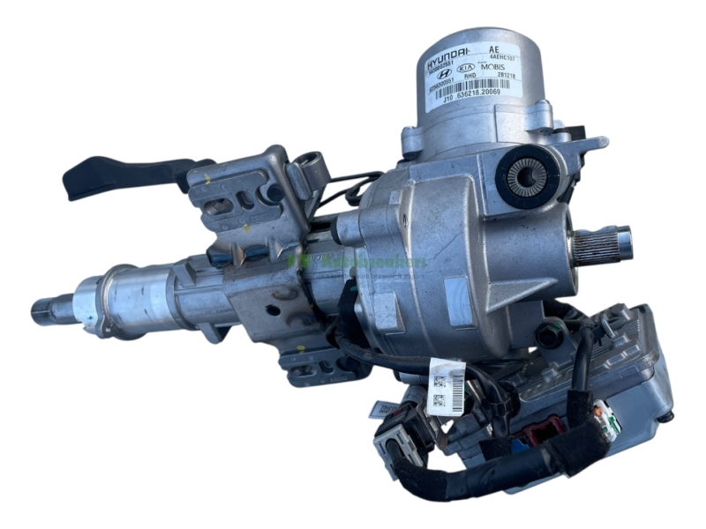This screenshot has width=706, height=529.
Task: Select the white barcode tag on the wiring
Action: point(446,387)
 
